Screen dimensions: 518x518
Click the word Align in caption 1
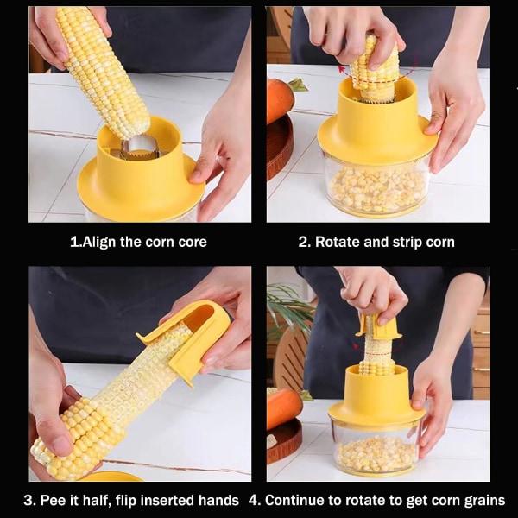98,242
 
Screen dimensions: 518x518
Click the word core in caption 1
193,242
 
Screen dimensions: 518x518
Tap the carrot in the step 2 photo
281,99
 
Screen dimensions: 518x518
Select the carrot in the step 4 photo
283,408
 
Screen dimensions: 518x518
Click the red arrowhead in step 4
357,346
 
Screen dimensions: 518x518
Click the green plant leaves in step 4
288,307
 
